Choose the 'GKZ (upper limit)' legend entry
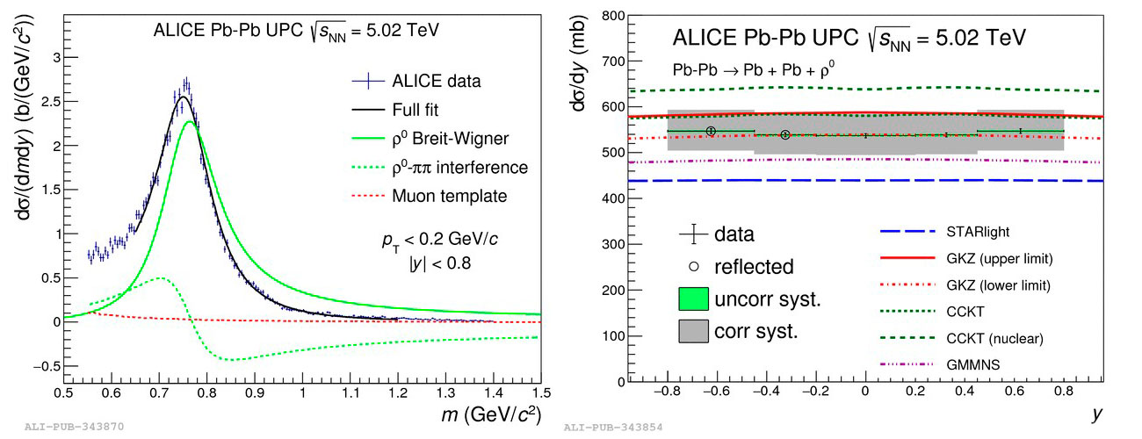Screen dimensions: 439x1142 (x=987, y=259)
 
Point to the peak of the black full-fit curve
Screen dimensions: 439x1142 (x=182, y=97)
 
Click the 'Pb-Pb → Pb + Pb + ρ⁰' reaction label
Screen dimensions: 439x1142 (x=751, y=68)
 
